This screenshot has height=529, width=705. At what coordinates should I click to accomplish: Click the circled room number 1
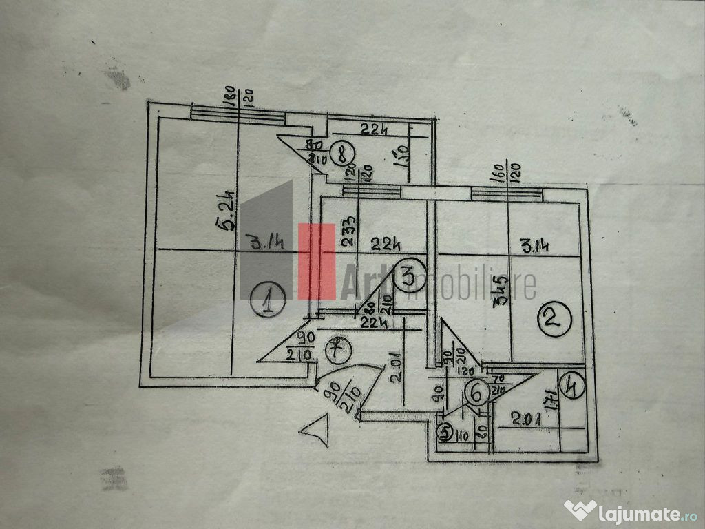click(269, 301)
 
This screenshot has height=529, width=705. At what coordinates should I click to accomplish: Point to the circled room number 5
click(445, 433)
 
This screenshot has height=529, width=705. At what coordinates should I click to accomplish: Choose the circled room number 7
click(337, 349)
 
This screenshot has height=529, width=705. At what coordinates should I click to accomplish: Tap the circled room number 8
click(341, 154)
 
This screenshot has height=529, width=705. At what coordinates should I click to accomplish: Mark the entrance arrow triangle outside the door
click(313, 431)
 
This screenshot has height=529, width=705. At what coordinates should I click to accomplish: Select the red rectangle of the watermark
click(317, 262)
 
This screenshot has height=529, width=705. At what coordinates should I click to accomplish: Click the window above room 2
click(507, 194)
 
